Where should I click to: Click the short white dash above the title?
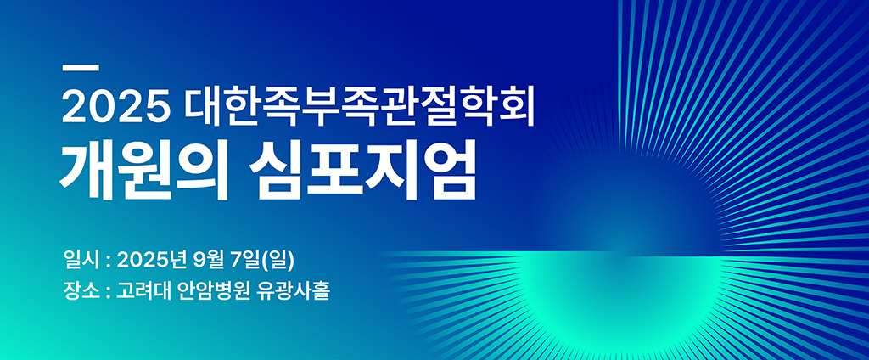pyautogui.click(x=81, y=69)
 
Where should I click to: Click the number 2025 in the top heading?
pyautogui.click(x=115, y=108)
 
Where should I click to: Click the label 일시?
pyautogui.click(x=82, y=258)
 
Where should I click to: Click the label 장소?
pyautogui.click(x=82, y=290)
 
